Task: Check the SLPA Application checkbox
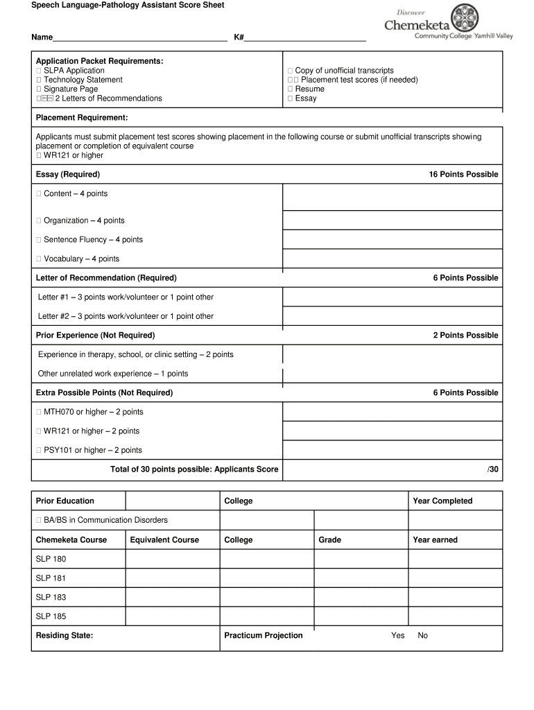[x=39, y=71]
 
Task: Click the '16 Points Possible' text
[x=463, y=174]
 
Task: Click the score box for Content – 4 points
[x=392, y=197]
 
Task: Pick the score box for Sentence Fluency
[x=392, y=239]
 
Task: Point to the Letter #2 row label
[x=126, y=316]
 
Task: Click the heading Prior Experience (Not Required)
[x=95, y=336]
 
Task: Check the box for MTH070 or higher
[x=39, y=412]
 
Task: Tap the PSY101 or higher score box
[x=392, y=450]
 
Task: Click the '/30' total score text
[x=492, y=469]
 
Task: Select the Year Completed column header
[x=442, y=501]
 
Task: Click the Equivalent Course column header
[x=164, y=540]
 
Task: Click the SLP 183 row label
[x=51, y=597]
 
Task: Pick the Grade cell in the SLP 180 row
[x=361, y=559]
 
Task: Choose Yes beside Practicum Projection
[x=397, y=636]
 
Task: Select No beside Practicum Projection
[x=423, y=636]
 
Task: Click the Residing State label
[x=64, y=636]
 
